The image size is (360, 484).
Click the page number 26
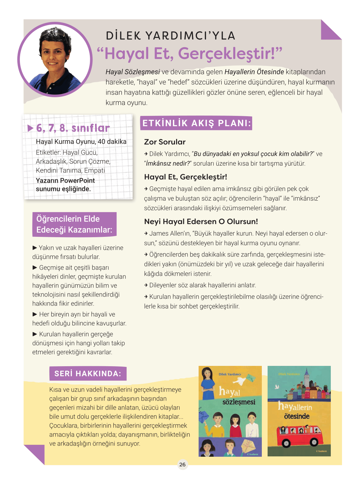point(182,464)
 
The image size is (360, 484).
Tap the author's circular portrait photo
point(55,59)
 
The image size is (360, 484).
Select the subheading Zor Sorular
point(165,142)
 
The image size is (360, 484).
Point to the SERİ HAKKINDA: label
point(88,374)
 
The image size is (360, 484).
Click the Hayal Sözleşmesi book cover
point(230,411)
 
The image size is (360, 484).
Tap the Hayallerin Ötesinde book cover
point(299,411)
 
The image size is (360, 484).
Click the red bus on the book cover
point(299,435)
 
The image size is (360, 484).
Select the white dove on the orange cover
point(240,381)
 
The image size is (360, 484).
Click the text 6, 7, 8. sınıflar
point(73,128)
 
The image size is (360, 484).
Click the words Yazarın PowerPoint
point(65,180)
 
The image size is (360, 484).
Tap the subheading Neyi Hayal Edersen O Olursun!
point(201,221)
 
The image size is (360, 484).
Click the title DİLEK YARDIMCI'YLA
point(171,36)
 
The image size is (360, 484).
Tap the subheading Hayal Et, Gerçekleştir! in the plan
point(185,177)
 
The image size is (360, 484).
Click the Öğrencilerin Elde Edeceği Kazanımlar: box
point(74,224)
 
